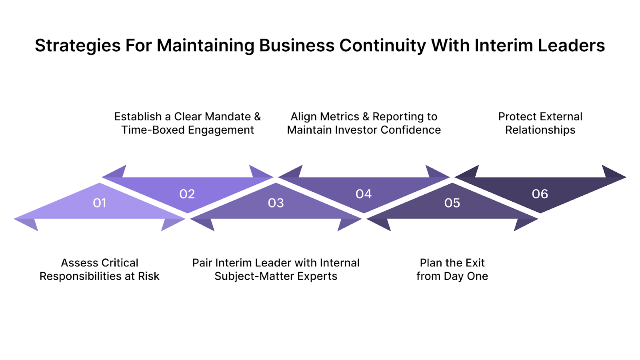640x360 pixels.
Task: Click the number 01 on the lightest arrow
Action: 100,203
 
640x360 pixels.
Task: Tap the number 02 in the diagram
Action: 187,194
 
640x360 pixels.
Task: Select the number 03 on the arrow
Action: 276,203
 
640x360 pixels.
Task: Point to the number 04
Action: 364,194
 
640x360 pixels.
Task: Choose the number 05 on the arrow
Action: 452,203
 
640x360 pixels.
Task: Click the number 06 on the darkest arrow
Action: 540,194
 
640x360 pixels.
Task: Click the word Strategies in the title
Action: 78,46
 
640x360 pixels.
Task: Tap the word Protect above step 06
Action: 517,117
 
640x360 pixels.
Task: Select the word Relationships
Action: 540,130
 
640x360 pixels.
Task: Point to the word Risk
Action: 148,276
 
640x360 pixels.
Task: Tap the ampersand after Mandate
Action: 257,117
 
